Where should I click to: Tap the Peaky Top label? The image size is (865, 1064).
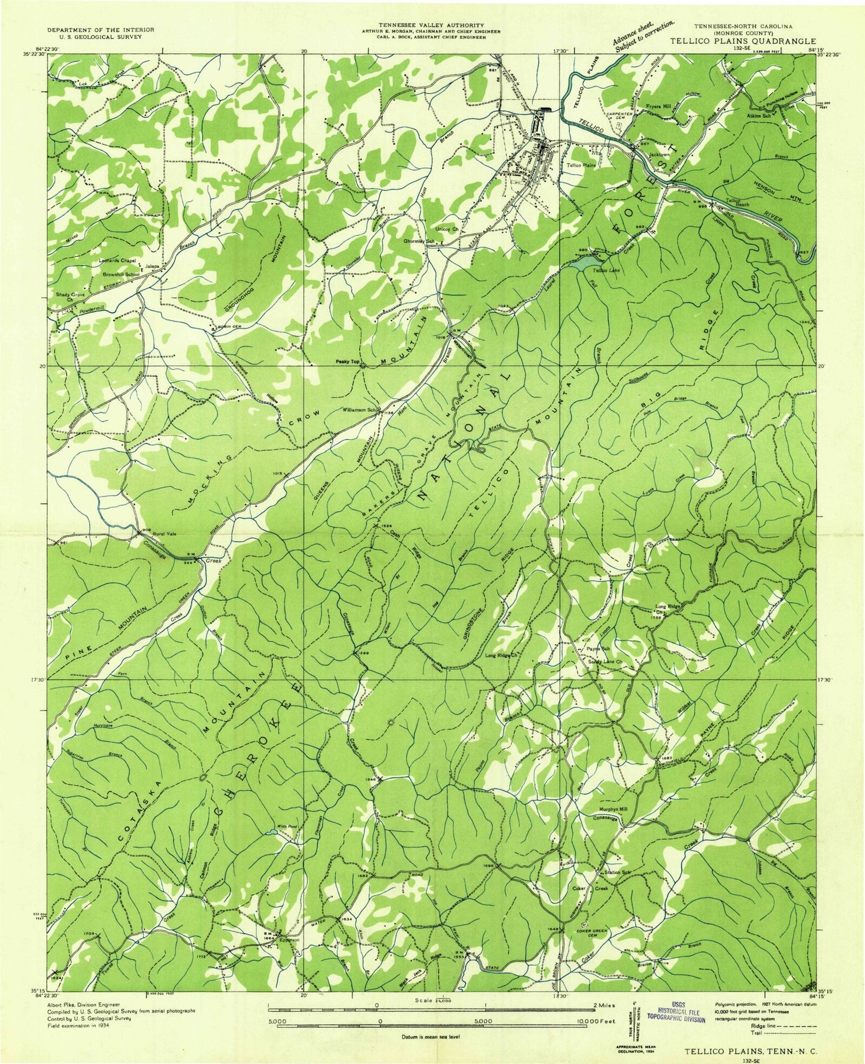(348, 362)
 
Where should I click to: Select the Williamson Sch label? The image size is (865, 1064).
(359, 410)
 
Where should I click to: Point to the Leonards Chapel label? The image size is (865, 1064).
(117, 260)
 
